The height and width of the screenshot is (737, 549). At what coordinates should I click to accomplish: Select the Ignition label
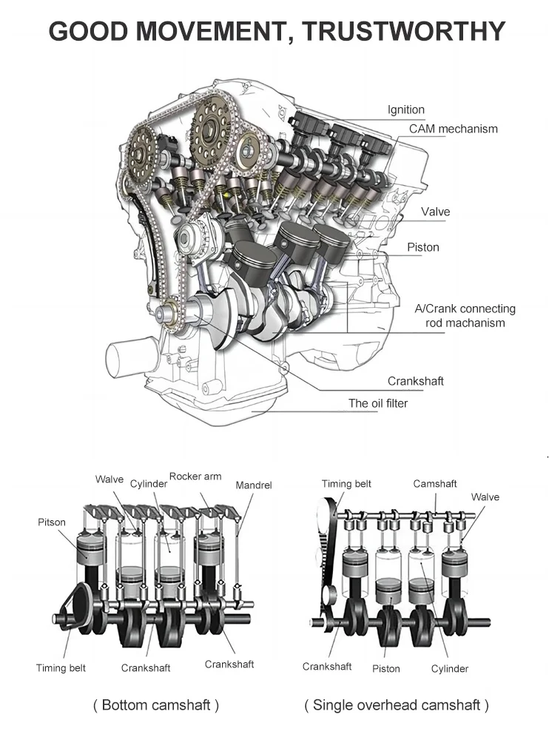click(406, 110)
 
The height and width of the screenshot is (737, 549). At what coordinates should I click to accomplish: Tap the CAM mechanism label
click(454, 129)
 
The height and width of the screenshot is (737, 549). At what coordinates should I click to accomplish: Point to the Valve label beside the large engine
click(435, 212)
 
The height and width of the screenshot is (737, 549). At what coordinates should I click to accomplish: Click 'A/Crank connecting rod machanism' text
click(465, 316)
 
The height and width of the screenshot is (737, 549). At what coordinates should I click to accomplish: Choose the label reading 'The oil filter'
click(378, 403)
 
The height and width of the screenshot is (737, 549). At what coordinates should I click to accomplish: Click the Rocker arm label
click(195, 477)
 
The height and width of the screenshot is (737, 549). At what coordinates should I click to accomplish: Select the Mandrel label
click(254, 485)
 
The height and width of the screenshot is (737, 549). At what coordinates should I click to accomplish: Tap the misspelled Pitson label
click(52, 522)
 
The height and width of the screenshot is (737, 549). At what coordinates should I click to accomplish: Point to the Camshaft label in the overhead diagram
click(435, 484)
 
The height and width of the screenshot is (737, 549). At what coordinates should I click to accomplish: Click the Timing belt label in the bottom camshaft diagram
click(61, 668)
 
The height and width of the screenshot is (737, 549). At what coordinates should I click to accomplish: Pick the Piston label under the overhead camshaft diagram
click(385, 669)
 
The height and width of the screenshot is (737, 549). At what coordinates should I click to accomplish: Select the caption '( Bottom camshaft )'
click(156, 705)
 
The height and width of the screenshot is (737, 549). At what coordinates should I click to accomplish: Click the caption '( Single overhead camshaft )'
click(397, 705)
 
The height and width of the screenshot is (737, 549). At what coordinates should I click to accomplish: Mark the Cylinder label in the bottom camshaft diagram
click(149, 484)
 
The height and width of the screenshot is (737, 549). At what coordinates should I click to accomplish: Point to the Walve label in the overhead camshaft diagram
click(485, 497)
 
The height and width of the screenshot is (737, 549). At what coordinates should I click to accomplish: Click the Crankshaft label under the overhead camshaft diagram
click(327, 667)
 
